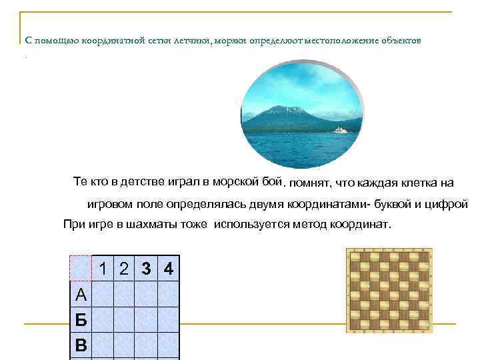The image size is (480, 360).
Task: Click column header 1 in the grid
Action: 103,269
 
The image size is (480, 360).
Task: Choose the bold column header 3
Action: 146,269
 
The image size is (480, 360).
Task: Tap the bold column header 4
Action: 169,269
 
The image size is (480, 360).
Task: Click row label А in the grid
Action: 81,294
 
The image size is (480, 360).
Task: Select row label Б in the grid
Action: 81,319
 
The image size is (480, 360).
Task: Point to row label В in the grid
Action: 81,345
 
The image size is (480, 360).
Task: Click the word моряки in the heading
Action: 230,41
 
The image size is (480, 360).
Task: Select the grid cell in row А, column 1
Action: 103,293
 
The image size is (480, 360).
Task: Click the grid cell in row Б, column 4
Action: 169,319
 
